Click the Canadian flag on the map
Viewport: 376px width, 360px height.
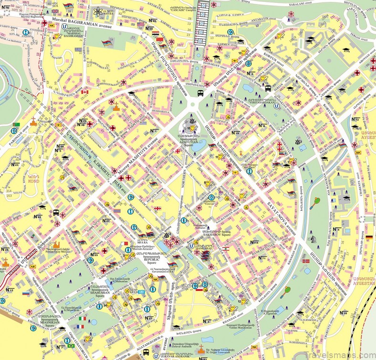(85, 92)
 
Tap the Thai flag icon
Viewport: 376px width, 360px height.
(117, 210)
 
